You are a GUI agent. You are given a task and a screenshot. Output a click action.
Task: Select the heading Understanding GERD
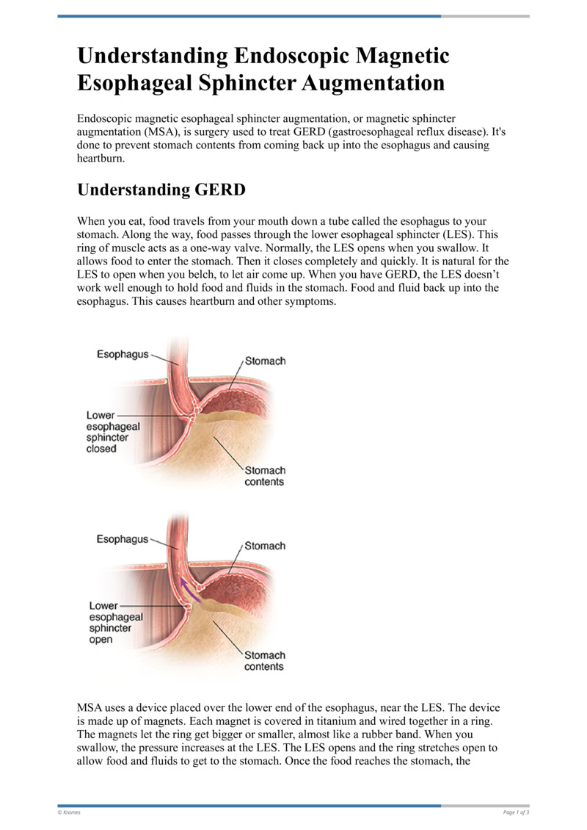pyautogui.click(x=161, y=190)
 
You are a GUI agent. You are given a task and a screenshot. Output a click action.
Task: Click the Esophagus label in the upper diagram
pyautogui.click(x=123, y=355)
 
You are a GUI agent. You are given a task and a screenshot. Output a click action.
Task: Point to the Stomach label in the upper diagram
pyautogui.click(x=265, y=361)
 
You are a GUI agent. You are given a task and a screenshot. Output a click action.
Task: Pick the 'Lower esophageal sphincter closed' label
pyautogui.click(x=113, y=432)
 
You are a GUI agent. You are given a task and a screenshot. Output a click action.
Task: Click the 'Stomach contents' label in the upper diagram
pyautogui.click(x=265, y=476)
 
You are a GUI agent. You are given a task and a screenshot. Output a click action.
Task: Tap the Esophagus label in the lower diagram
pyautogui.click(x=123, y=539)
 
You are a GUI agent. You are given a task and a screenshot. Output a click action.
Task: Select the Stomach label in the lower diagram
pyautogui.click(x=265, y=546)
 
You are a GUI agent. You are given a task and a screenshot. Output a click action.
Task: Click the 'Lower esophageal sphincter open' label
pyautogui.click(x=115, y=622)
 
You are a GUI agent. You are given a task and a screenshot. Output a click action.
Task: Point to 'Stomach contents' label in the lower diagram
pyautogui.click(x=265, y=660)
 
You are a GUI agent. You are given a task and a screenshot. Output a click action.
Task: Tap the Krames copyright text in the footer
pyautogui.click(x=70, y=812)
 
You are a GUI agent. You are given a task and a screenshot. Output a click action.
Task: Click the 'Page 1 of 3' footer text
pyautogui.click(x=516, y=812)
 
